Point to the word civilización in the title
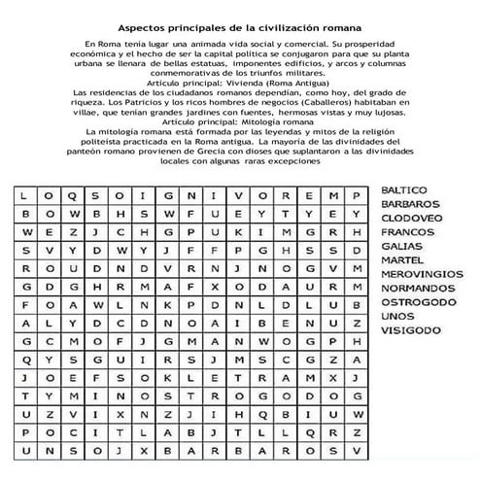(290, 28)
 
